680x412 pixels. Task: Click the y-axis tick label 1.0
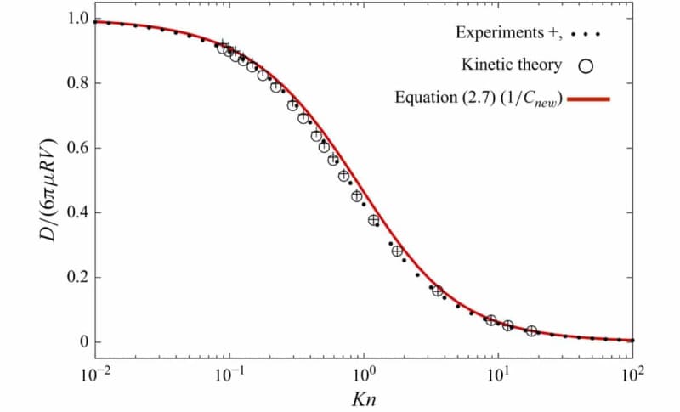72,19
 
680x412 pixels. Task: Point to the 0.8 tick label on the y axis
72,83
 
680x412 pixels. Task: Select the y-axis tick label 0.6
72,148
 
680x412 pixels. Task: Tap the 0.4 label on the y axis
72,212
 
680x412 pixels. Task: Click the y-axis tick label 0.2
72,277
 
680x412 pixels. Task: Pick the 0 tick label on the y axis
78,341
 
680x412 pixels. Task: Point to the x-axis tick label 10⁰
363,374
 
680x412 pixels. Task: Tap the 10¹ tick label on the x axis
497,374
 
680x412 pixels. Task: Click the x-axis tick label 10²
632,374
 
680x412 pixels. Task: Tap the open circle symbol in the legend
586,65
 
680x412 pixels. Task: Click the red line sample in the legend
588,99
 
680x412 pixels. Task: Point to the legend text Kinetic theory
512,65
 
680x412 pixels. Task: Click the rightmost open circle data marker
531,331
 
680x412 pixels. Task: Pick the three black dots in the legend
586,35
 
